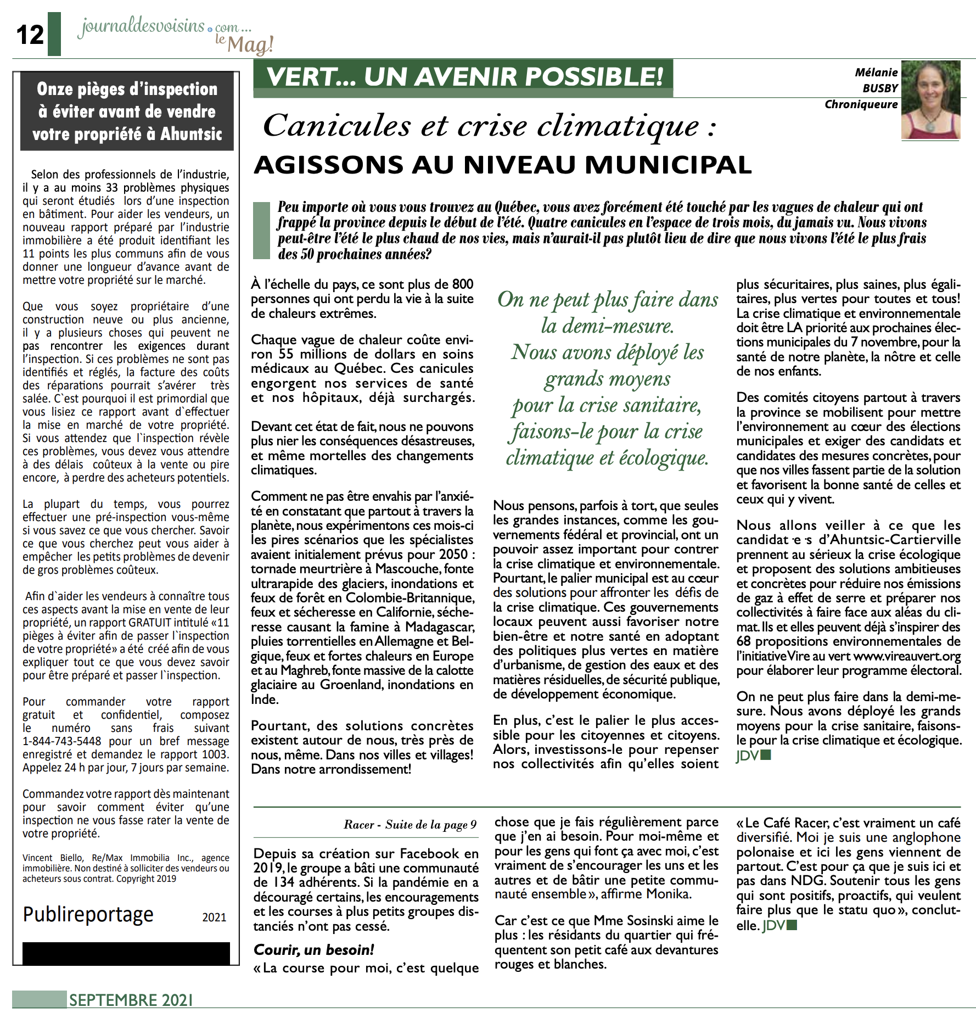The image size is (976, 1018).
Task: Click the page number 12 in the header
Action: pos(30,35)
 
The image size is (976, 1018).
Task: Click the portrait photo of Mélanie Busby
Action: pos(930,99)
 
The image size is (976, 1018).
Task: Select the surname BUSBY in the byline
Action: pos(880,88)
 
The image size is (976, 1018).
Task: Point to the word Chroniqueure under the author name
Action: pos(861,104)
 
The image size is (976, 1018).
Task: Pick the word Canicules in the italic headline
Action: pos(336,126)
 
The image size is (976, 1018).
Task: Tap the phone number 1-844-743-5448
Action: pos(61,741)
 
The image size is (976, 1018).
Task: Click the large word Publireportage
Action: pos(88,914)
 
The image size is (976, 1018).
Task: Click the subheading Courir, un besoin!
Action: pos(313,949)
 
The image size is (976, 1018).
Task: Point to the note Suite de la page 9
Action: pos(430,824)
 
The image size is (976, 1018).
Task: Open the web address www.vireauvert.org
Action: pos(907,656)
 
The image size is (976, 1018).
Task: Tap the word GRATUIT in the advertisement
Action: pos(153,623)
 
